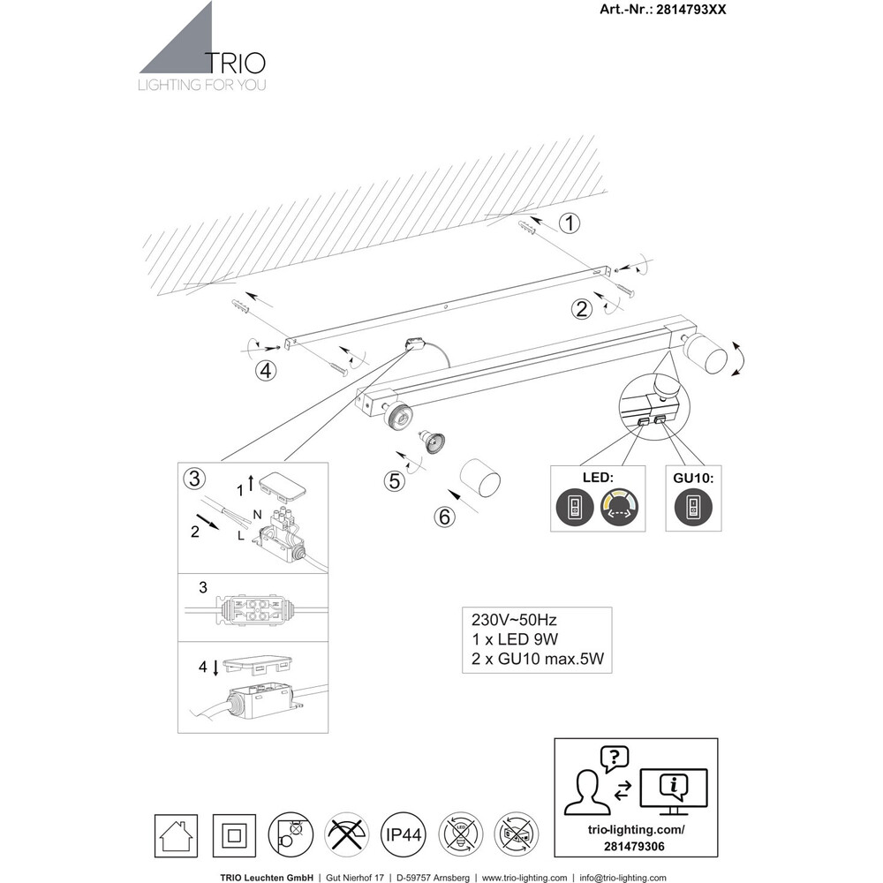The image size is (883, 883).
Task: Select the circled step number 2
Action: [581, 308]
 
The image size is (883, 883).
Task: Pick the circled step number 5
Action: [395, 482]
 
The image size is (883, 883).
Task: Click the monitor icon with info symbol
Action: [674, 788]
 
